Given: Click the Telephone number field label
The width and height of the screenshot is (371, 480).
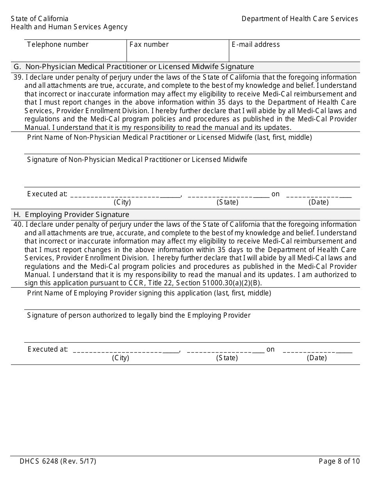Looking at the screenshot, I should (58, 44).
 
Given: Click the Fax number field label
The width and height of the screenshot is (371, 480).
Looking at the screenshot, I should (149, 44).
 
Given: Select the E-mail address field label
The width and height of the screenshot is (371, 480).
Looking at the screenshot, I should (255, 44).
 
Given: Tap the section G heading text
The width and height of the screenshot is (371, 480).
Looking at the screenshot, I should (134, 67).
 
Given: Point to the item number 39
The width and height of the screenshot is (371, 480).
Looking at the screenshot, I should (18, 77).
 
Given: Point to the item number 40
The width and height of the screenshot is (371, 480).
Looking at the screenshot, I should (18, 224).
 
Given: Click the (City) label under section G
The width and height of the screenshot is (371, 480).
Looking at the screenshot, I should (122, 202).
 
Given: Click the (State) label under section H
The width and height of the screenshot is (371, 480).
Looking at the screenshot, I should (227, 358).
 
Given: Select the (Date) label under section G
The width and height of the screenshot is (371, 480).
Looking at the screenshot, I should (318, 202).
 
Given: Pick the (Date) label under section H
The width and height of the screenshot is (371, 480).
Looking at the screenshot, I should (317, 358).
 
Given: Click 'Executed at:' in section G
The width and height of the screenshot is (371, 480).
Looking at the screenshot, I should (47, 194).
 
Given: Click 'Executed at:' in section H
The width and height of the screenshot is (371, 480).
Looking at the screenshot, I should (48, 349).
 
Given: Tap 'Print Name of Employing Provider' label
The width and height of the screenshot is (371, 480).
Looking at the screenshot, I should (149, 293).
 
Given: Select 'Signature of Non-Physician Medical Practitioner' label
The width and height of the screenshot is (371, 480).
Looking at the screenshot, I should (137, 160).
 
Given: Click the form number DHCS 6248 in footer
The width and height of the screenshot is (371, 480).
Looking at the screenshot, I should (58, 461).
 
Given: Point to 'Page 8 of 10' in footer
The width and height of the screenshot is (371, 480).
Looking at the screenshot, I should (339, 461).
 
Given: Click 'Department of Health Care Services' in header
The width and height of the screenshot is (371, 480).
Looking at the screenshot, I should (300, 19).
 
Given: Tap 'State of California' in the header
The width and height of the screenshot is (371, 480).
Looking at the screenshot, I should (39, 19).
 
